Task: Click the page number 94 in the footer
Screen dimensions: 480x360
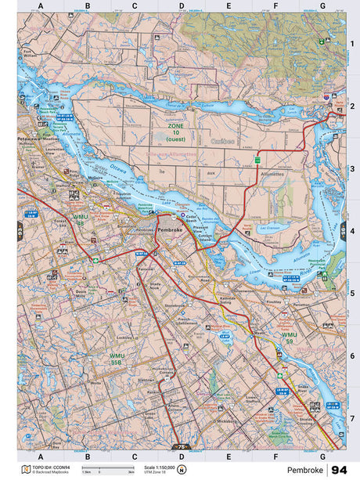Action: (x=338, y=469)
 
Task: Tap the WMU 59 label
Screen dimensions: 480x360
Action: (x=289, y=338)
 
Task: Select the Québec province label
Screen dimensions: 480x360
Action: (x=223, y=142)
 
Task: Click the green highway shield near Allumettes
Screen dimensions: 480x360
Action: (x=257, y=160)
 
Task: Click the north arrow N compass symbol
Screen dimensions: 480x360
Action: (x=182, y=470)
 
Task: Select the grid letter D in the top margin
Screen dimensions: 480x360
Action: (x=182, y=5)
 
